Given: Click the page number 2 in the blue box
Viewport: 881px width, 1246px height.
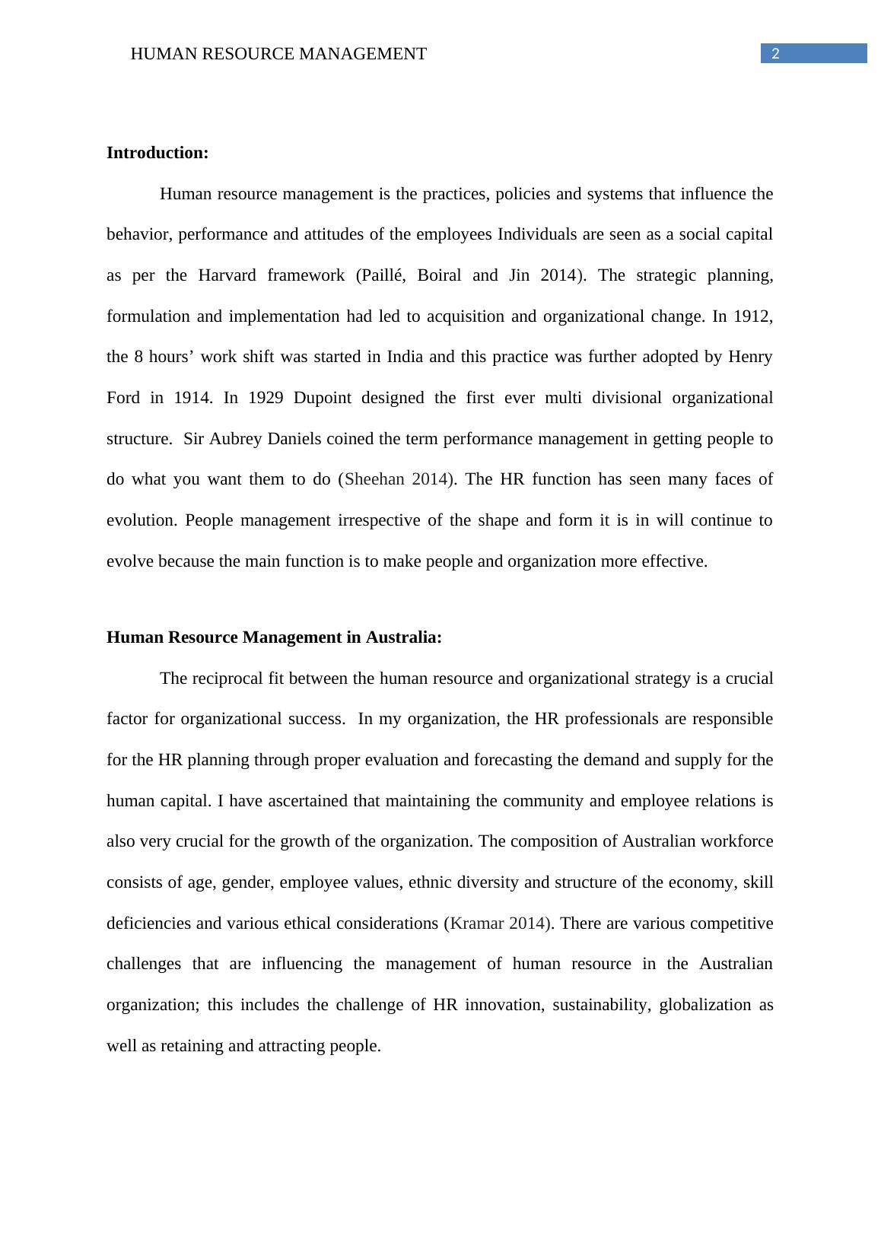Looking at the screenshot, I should tap(775, 53).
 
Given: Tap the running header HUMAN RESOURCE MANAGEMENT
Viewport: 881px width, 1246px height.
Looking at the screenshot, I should tap(278, 54).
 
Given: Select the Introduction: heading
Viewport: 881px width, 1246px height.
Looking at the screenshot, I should tap(157, 153).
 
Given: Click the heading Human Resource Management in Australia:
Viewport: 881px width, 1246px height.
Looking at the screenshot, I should tap(274, 637).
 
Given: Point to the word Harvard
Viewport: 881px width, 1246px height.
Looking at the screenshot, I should tap(227, 275).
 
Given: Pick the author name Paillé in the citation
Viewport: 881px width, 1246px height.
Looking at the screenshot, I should tap(381, 275).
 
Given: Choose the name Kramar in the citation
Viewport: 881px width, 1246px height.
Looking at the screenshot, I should tap(478, 923).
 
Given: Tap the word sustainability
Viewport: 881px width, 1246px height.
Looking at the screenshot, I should tap(601, 1005).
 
